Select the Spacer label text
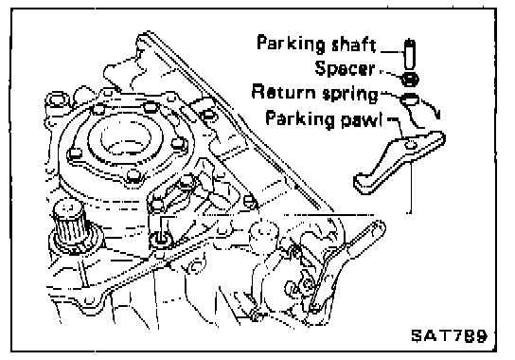pyautogui.click(x=345, y=68)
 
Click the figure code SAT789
pyautogui.click(x=450, y=335)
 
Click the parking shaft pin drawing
pyautogui.click(x=409, y=54)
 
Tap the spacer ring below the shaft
pyautogui.click(x=410, y=80)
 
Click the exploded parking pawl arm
pyautogui.click(x=400, y=162)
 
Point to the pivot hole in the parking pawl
pyautogui.click(x=410, y=144)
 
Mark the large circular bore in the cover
pyautogui.click(x=126, y=138)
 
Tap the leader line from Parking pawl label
pyautogui.click(x=399, y=128)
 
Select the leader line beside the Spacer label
pyautogui.click(x=391, y=74)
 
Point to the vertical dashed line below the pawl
pyautogui.click(x=410, y=187)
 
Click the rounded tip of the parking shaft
pyautogui.click(x=410, y=42)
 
